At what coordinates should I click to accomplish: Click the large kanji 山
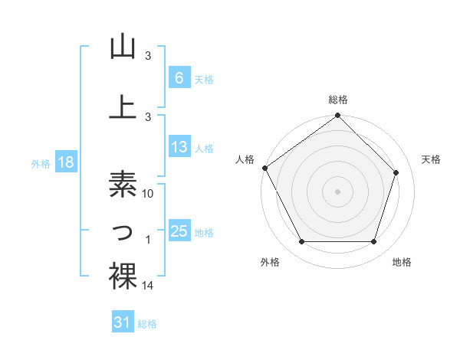tap(123, 47)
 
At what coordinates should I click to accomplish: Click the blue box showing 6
tap(179, 77)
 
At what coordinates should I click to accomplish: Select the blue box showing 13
tap(179, 147)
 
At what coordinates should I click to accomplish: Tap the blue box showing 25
tap(179, 231)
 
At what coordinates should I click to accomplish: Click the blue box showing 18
tap(65, 162)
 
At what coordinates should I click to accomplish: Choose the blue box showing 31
tap(123, 322)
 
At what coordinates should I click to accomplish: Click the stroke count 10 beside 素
tap(149, 194)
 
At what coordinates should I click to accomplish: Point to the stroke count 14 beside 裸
tap(149, 286)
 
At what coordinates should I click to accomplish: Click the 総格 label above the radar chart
tap(338, 100)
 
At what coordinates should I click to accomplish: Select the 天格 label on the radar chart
tap(431, 159)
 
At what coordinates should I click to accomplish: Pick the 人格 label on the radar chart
tap(245, 159)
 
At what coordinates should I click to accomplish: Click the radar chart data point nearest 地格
tap(373, 241)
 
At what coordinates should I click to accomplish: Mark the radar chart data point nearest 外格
tap(301, 241)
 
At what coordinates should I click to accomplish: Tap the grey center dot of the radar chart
tap(337, 191)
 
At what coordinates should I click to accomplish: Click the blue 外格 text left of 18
tap(40, 163)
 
